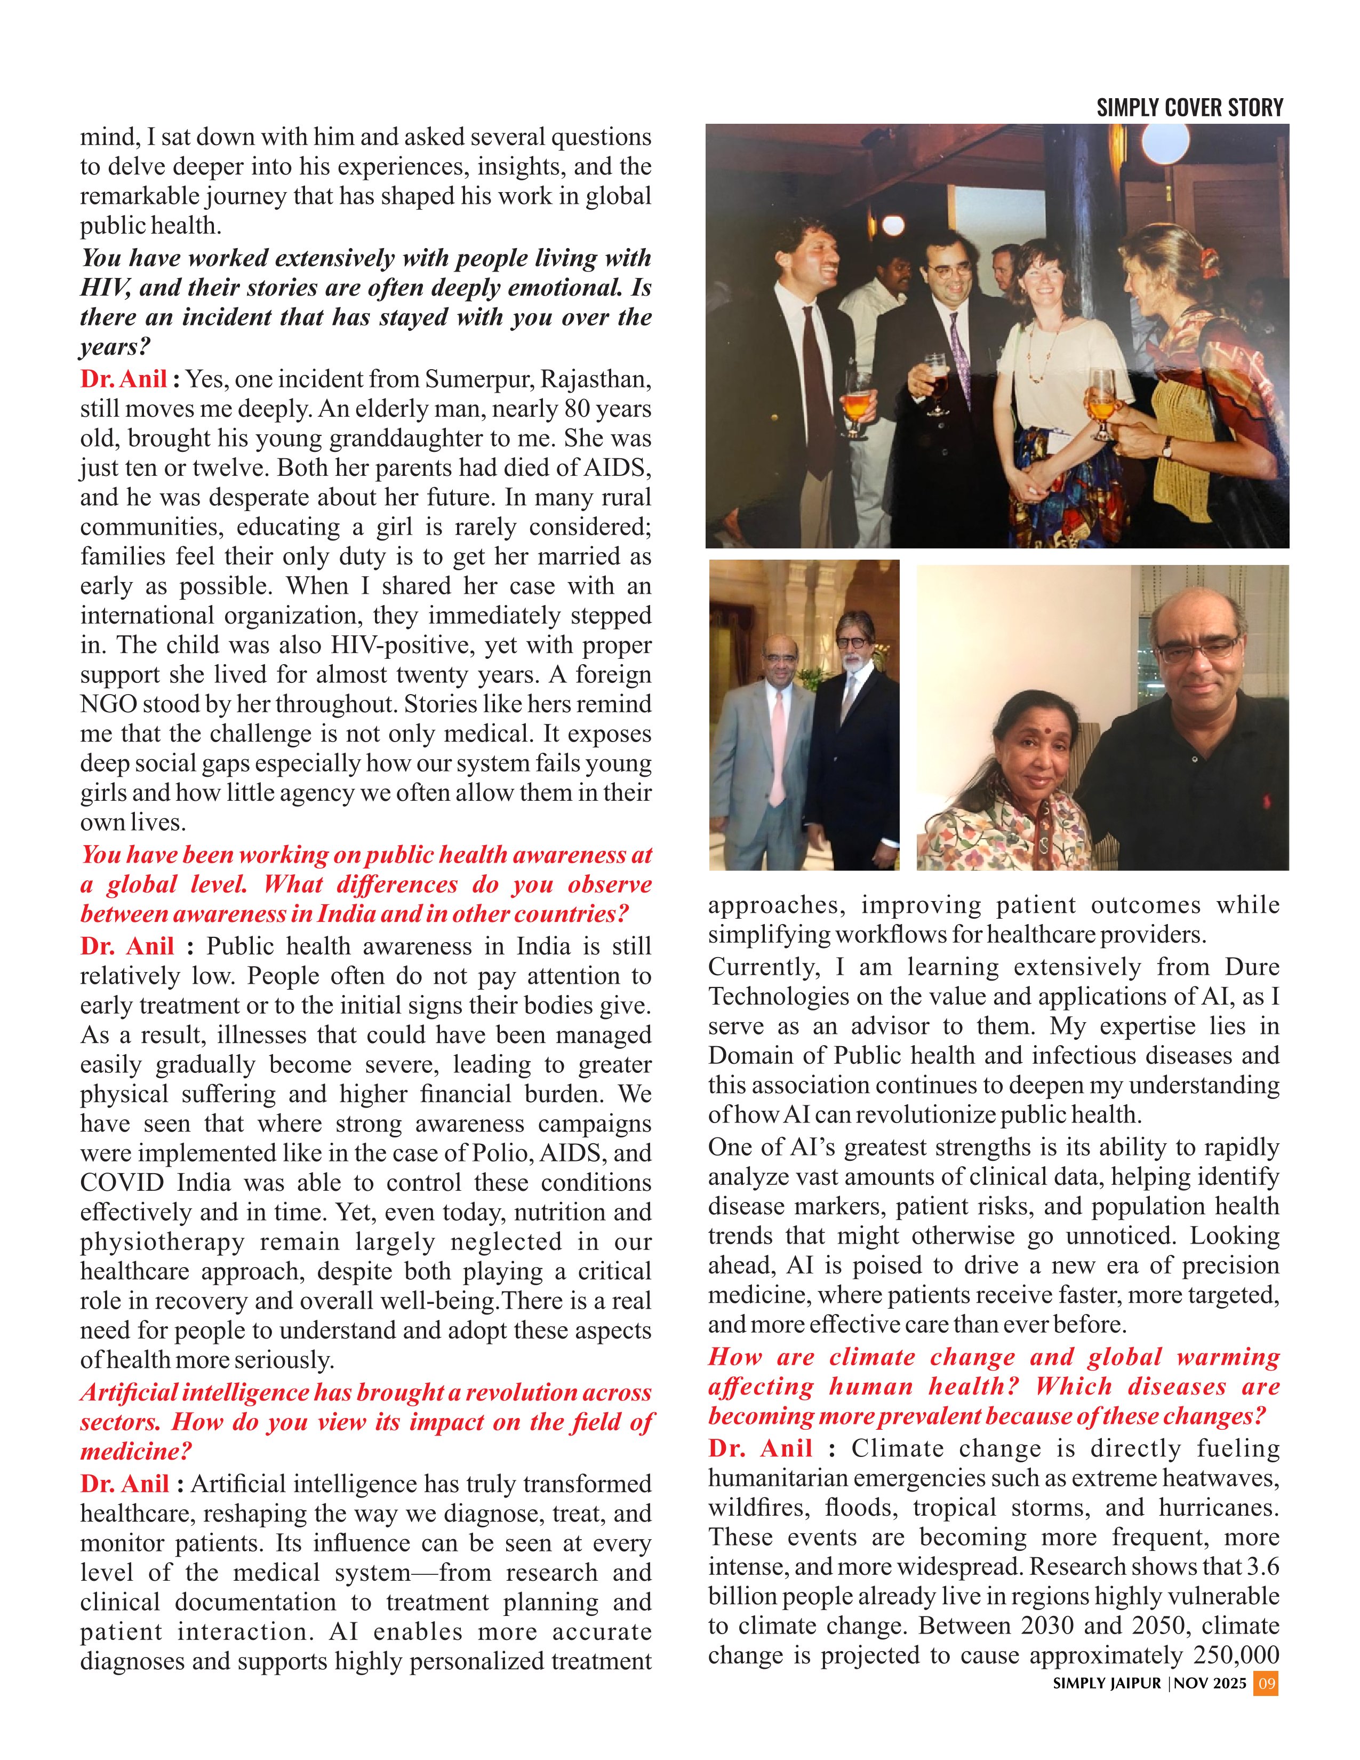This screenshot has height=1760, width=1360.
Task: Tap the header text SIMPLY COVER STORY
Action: click(x=1189, y=108)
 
